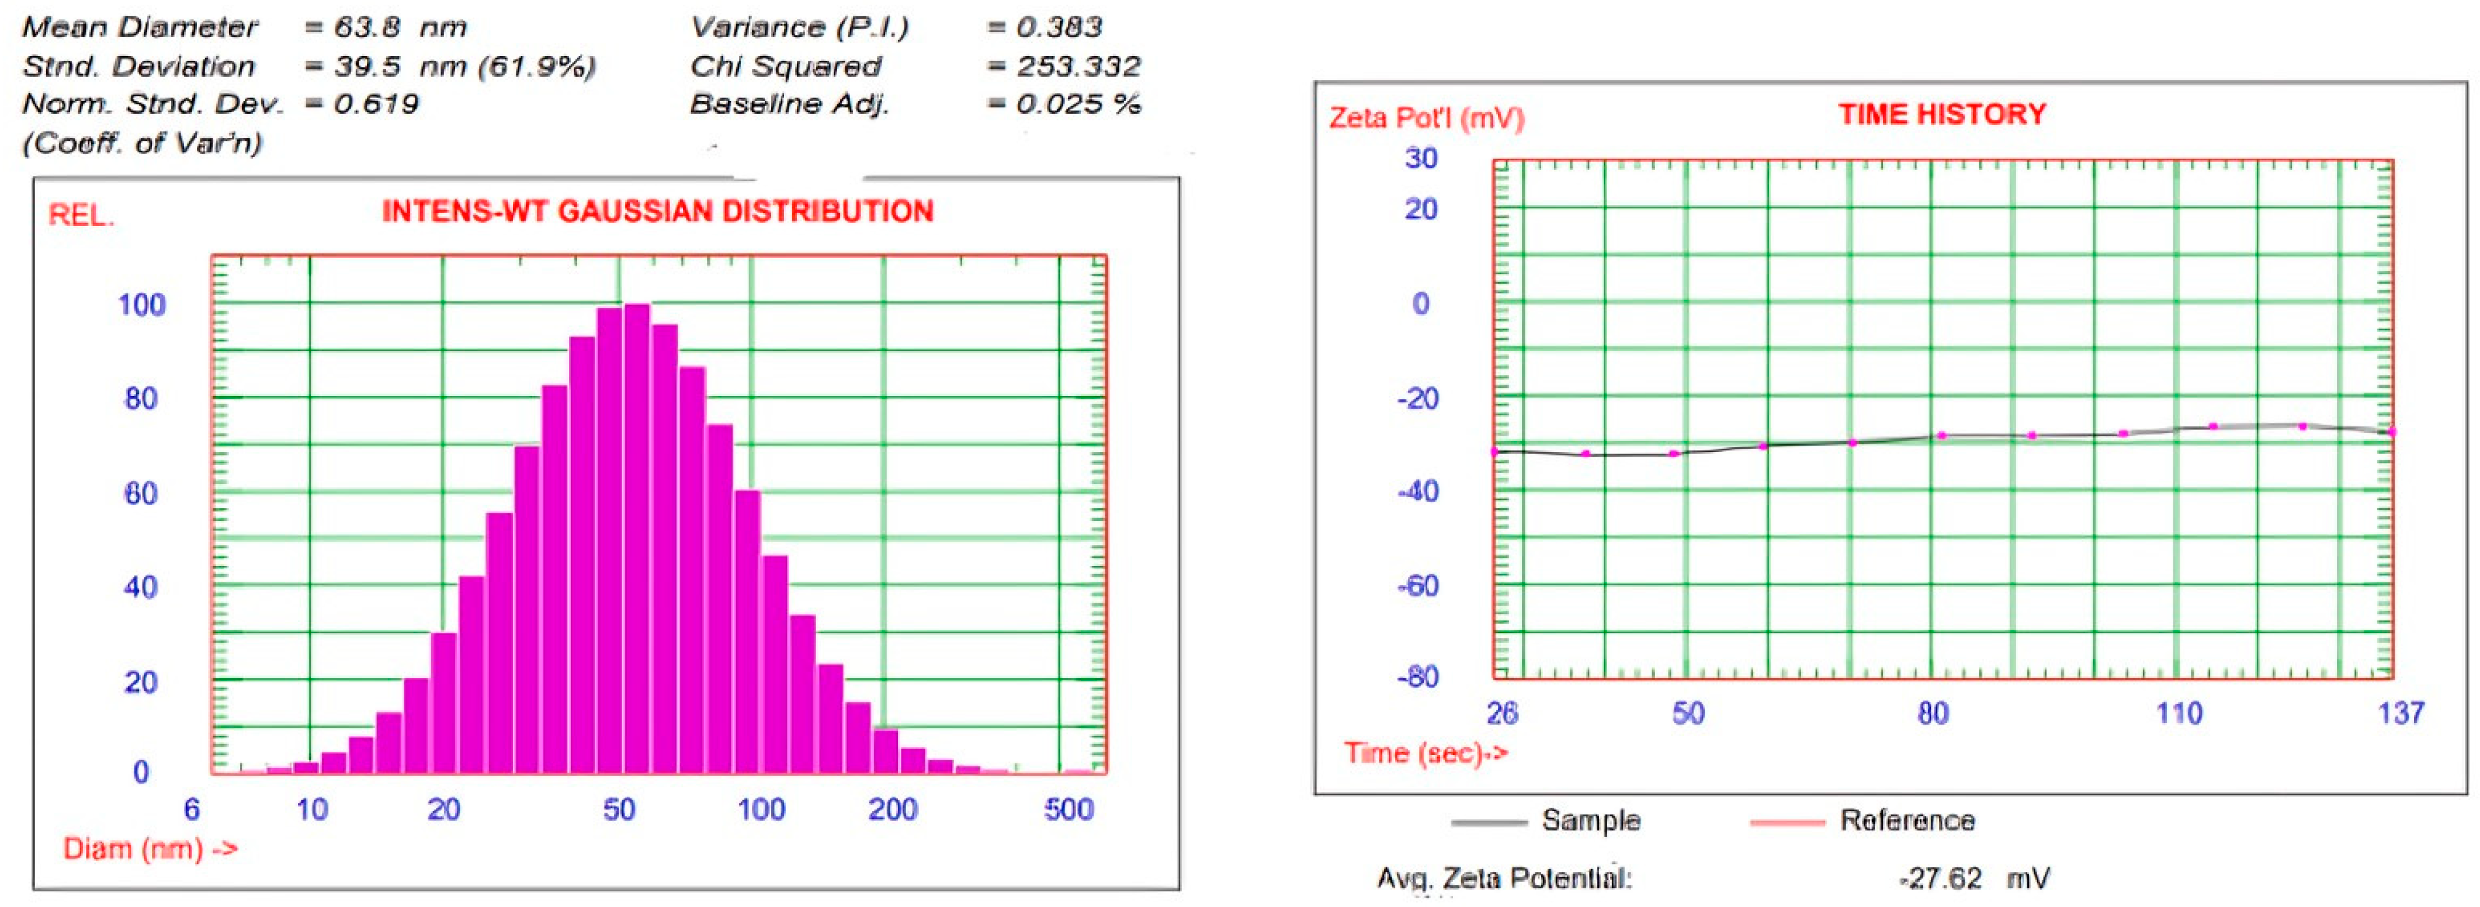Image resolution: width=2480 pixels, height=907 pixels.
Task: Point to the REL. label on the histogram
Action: pos(81,216)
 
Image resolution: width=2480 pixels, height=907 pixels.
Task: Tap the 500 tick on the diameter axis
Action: pos(1068,809)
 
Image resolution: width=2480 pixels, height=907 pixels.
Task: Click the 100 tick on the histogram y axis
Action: pos(141,305)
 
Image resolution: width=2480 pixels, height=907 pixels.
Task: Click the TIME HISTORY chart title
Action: pos(1942,114)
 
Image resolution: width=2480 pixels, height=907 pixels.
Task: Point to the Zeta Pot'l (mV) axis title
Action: pos(1426,119)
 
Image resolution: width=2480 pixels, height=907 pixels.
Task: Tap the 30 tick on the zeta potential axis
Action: pos(1421,158)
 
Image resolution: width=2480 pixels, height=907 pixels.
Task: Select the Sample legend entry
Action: pos(1590,821)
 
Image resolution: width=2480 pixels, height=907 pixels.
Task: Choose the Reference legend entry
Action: pos(1906,821)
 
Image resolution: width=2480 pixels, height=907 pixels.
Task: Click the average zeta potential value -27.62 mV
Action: pos(1973,878)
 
